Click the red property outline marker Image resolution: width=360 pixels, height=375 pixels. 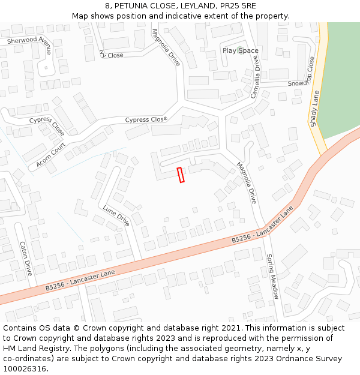click(x=181, y=175)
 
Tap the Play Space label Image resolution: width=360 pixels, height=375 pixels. click(x=240, y=50)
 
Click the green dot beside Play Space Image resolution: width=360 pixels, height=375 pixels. click(x=241, y=50)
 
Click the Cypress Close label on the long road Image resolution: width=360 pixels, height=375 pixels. click(x=146, y=119)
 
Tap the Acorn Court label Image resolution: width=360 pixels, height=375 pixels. click(x=51, y=155)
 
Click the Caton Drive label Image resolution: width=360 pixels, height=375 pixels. click(x=25, y=259)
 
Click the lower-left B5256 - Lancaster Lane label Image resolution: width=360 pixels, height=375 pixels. click(x=80, y=280)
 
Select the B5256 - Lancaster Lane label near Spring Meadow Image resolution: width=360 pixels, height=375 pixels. click(x=262, y=229)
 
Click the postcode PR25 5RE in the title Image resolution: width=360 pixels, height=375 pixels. click(x=235, y=5)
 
